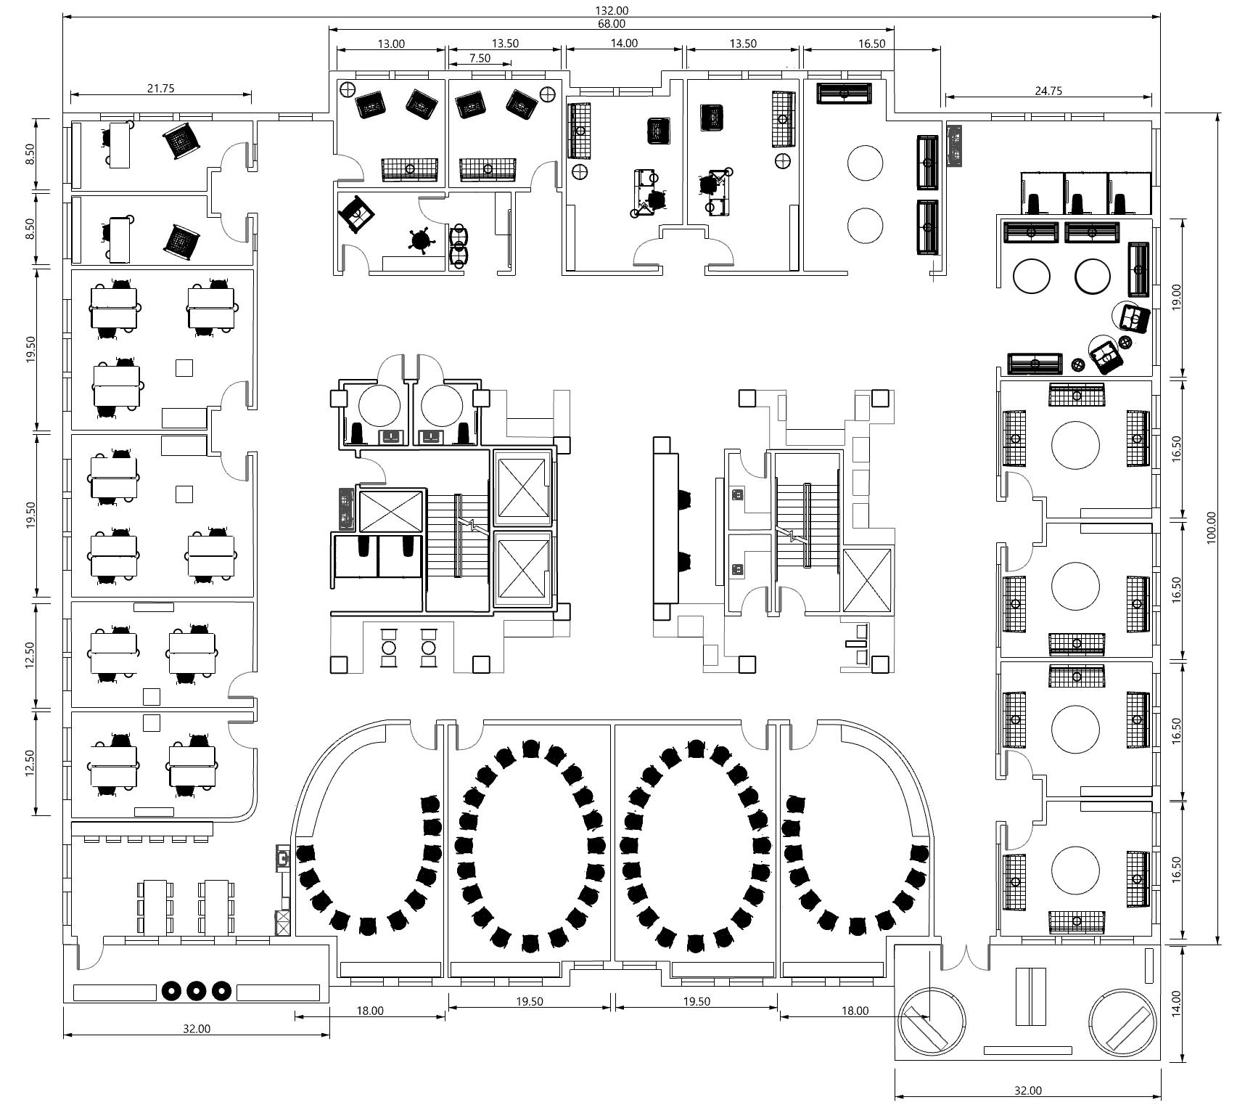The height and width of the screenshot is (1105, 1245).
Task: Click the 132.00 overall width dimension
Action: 612,10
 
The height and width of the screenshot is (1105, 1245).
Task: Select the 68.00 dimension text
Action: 612,23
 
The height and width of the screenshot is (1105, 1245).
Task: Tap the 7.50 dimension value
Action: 480,58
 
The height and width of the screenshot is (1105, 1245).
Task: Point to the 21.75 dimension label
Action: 160,89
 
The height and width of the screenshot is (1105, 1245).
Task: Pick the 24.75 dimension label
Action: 1048,91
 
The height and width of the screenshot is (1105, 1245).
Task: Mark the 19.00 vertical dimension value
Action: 1176,298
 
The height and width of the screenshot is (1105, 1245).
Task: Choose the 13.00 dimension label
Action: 391,44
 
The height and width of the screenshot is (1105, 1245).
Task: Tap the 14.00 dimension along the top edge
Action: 624,43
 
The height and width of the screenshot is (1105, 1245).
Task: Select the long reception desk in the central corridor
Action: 665,528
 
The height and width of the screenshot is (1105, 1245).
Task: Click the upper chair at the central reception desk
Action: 684,500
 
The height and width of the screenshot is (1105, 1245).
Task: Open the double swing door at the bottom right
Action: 965,958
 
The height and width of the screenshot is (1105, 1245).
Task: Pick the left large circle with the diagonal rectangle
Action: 932,1021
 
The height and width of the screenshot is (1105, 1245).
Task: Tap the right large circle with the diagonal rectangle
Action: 1123,1021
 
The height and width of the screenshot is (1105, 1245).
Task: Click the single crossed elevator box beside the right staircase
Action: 867,580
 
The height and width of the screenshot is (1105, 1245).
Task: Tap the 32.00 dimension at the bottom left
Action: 197,1029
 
